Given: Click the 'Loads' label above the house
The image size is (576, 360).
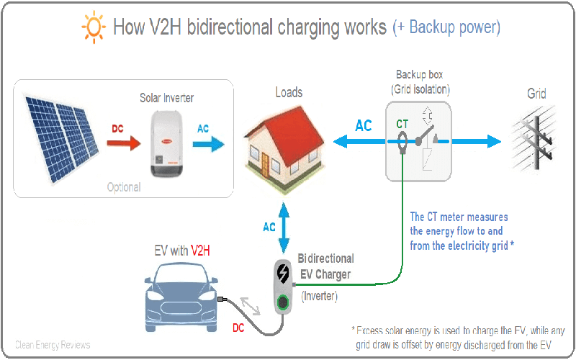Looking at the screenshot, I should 289,92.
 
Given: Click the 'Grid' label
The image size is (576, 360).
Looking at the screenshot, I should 536,94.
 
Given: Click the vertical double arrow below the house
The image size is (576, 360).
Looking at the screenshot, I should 289,226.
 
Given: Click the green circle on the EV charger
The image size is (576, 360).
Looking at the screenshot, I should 284,301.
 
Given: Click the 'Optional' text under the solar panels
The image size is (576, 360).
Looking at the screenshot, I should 124,187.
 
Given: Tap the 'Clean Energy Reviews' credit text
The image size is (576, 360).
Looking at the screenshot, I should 53,345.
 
